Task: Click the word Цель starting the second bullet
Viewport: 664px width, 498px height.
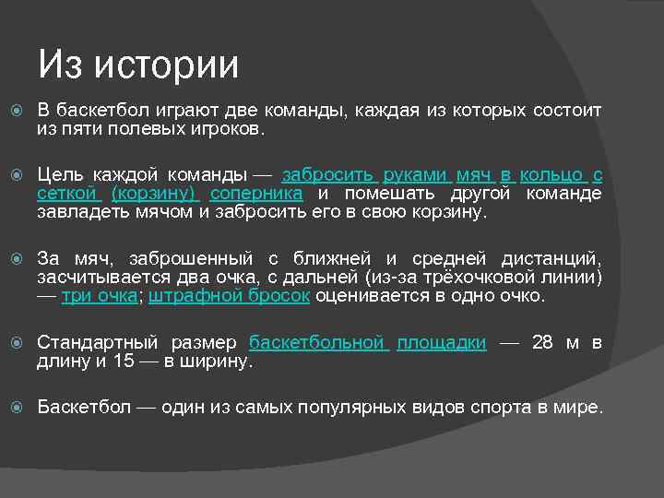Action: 60,175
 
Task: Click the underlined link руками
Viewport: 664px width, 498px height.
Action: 416,175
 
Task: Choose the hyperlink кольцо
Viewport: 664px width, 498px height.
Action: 551,175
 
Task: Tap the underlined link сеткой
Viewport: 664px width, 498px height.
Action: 67,194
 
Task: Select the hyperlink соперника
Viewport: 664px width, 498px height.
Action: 256,194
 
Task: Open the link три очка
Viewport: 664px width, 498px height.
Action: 100,296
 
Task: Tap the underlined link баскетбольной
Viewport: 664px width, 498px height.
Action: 318,343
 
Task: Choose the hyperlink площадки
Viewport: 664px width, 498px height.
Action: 442,343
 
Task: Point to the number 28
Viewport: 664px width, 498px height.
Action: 543,343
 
